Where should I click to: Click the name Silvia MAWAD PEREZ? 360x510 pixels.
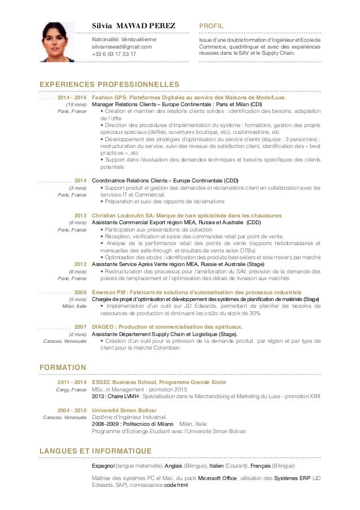pyautogui.click(x=134, y=26)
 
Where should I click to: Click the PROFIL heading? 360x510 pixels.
pyautogui.click(x=212, y=26)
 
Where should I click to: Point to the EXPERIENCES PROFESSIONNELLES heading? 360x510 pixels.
pyautogui.click(x=109, y=84)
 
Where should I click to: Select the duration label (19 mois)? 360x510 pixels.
pyautogui.click(x=76, y=104)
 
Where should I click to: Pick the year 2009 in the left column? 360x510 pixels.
pyautogui.click(x=80, y=292)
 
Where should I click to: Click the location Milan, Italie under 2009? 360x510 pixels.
pyautogui.click(x=73, y=306)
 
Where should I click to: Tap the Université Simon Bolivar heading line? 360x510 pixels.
pyautogui.click(x=124, y=410)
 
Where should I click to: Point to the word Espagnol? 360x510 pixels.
pyautogui.click(x=103, y=466)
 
